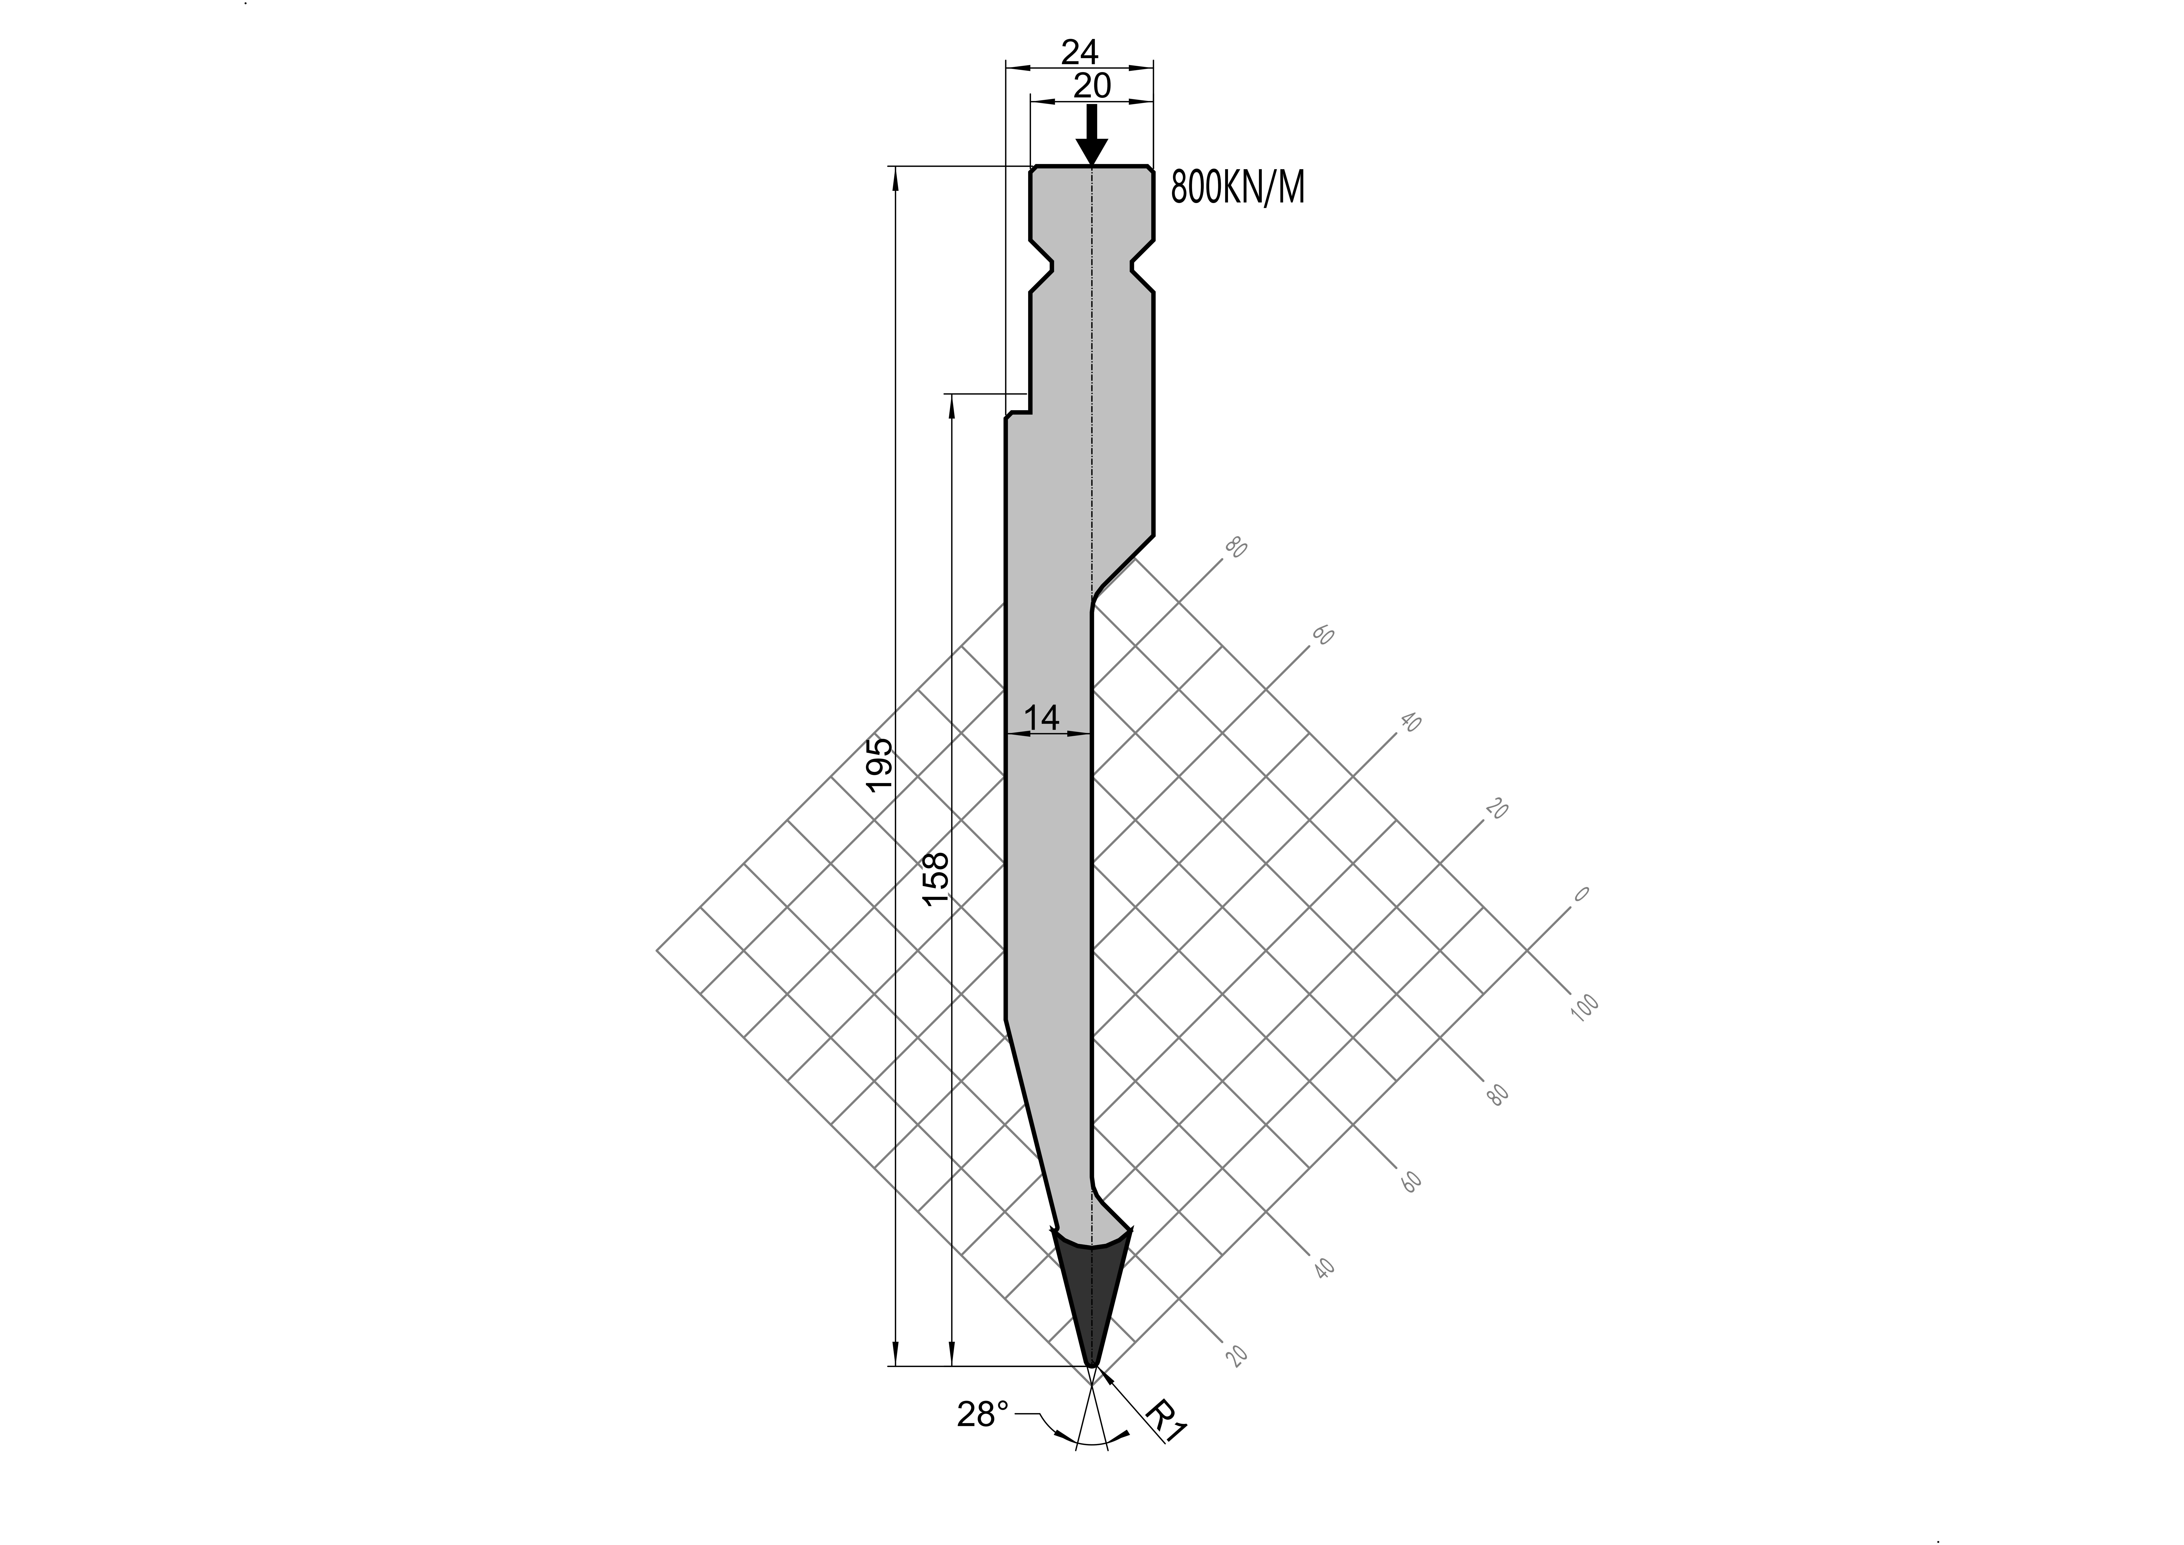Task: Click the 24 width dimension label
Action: click(x=1079, y=51)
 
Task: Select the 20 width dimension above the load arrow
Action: click(x=1092, y=86)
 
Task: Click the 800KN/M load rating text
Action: click(x=1237, y=188)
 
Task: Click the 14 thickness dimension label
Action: click(x=1042, y=717)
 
